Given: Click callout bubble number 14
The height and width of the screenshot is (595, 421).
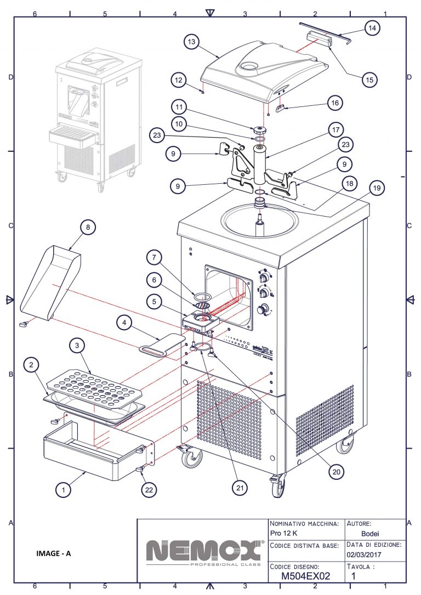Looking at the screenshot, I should pyautogui.click(x=372, y=27).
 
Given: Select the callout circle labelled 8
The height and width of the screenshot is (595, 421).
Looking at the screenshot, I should pyautogui.click(x=87, y=227).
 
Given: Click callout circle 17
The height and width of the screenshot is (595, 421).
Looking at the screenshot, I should pyautogui.click(x=335, y=131).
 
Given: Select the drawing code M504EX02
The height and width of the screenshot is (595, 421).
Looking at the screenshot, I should pyautogui.click(x=305, y=576).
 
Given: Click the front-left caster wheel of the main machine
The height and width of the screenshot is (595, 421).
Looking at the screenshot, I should pyautogui.click(x=192, y=458).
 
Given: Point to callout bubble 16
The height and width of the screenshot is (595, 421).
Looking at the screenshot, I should pyautogui.click(x=335, y=103).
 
